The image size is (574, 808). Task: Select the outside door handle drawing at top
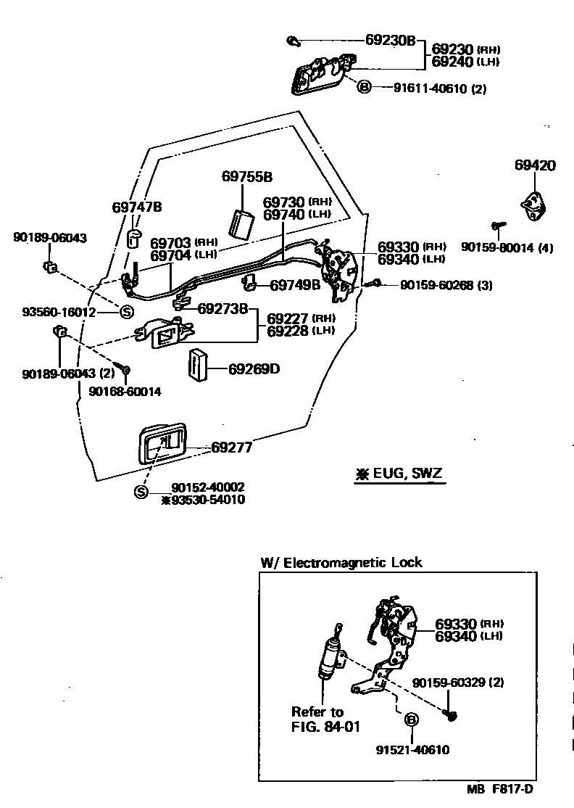320,75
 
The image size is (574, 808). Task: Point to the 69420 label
535,165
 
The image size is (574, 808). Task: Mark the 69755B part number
246,176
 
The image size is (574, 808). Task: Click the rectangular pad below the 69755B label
241,223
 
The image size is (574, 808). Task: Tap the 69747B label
137,207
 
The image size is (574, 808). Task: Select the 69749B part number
294,285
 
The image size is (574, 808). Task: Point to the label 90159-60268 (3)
446,285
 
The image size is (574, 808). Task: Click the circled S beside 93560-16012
126,312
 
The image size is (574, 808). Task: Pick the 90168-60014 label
125,391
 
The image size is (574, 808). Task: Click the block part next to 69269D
197,364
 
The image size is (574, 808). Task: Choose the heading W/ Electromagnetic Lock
341,562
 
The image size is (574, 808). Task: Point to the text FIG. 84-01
325,726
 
